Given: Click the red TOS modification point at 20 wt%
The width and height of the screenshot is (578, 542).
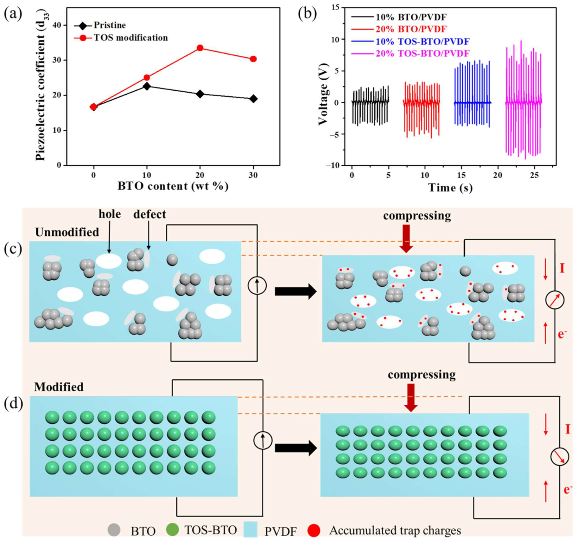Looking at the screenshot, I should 200,48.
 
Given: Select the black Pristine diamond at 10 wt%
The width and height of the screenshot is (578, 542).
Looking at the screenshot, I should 147,86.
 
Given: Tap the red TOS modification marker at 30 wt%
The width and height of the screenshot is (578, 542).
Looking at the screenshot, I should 253,59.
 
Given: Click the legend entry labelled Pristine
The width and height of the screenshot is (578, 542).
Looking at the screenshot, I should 110,25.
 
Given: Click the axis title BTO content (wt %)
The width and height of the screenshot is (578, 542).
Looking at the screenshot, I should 173,186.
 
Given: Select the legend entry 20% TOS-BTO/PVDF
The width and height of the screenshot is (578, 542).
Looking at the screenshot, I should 422,54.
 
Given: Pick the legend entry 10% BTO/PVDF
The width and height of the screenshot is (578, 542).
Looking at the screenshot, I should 411,17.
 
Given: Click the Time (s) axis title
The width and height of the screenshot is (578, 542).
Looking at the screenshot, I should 450,188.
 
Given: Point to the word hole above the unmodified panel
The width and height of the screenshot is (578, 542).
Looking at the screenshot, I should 110,214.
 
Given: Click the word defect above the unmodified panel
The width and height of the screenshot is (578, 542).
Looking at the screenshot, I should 149,215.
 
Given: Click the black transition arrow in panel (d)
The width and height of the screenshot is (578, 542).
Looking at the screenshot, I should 295,448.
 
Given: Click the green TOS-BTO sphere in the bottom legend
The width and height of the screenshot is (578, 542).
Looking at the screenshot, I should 173,530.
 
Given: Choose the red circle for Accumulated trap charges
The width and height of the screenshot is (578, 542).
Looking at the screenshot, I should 314,530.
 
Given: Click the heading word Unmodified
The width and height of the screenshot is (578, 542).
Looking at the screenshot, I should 67,232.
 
